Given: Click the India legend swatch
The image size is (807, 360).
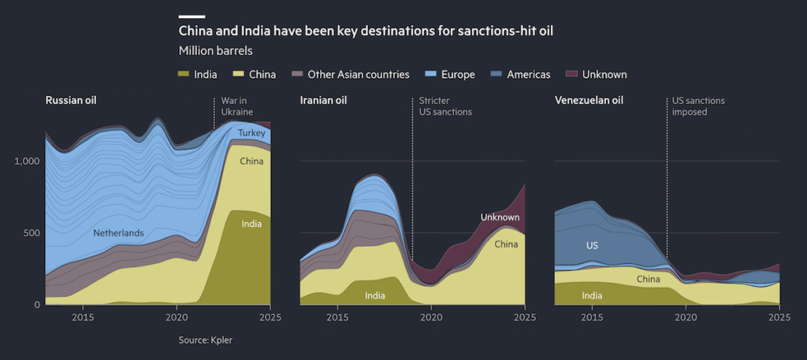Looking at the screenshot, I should click(x=184, y=74).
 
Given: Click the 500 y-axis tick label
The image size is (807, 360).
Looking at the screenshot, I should click(x=31, y=232).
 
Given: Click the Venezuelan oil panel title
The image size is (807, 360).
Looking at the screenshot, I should click(x=589, y=100).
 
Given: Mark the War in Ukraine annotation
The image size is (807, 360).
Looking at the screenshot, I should click(x=232, y=106).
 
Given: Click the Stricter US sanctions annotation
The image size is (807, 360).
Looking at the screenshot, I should click(x=445, y=106).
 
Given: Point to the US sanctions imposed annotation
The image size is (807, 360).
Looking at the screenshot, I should click(x=698, y=106).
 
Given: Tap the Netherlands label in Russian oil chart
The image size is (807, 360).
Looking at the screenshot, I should click(x=118, y=233).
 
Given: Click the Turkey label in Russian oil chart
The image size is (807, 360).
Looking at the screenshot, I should click(x=251, y=133).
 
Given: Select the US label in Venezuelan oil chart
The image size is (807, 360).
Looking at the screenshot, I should click(x=593, y=246).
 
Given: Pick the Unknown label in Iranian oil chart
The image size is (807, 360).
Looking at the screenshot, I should click(x=500, y=217).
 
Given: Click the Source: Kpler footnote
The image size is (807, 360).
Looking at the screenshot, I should click(x=205, y=340).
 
